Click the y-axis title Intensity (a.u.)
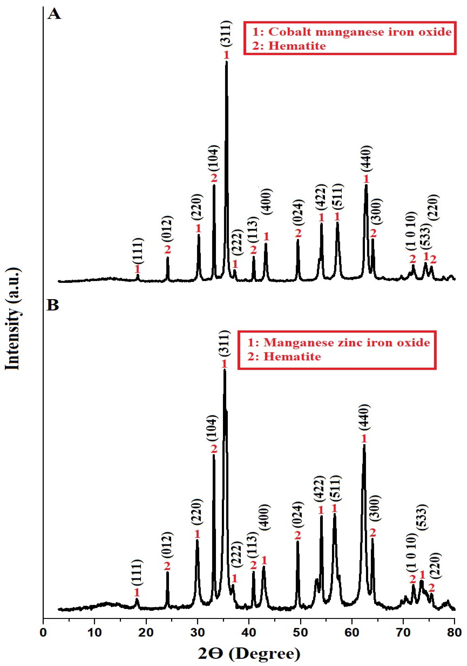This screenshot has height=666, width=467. [x=12, y=319]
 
